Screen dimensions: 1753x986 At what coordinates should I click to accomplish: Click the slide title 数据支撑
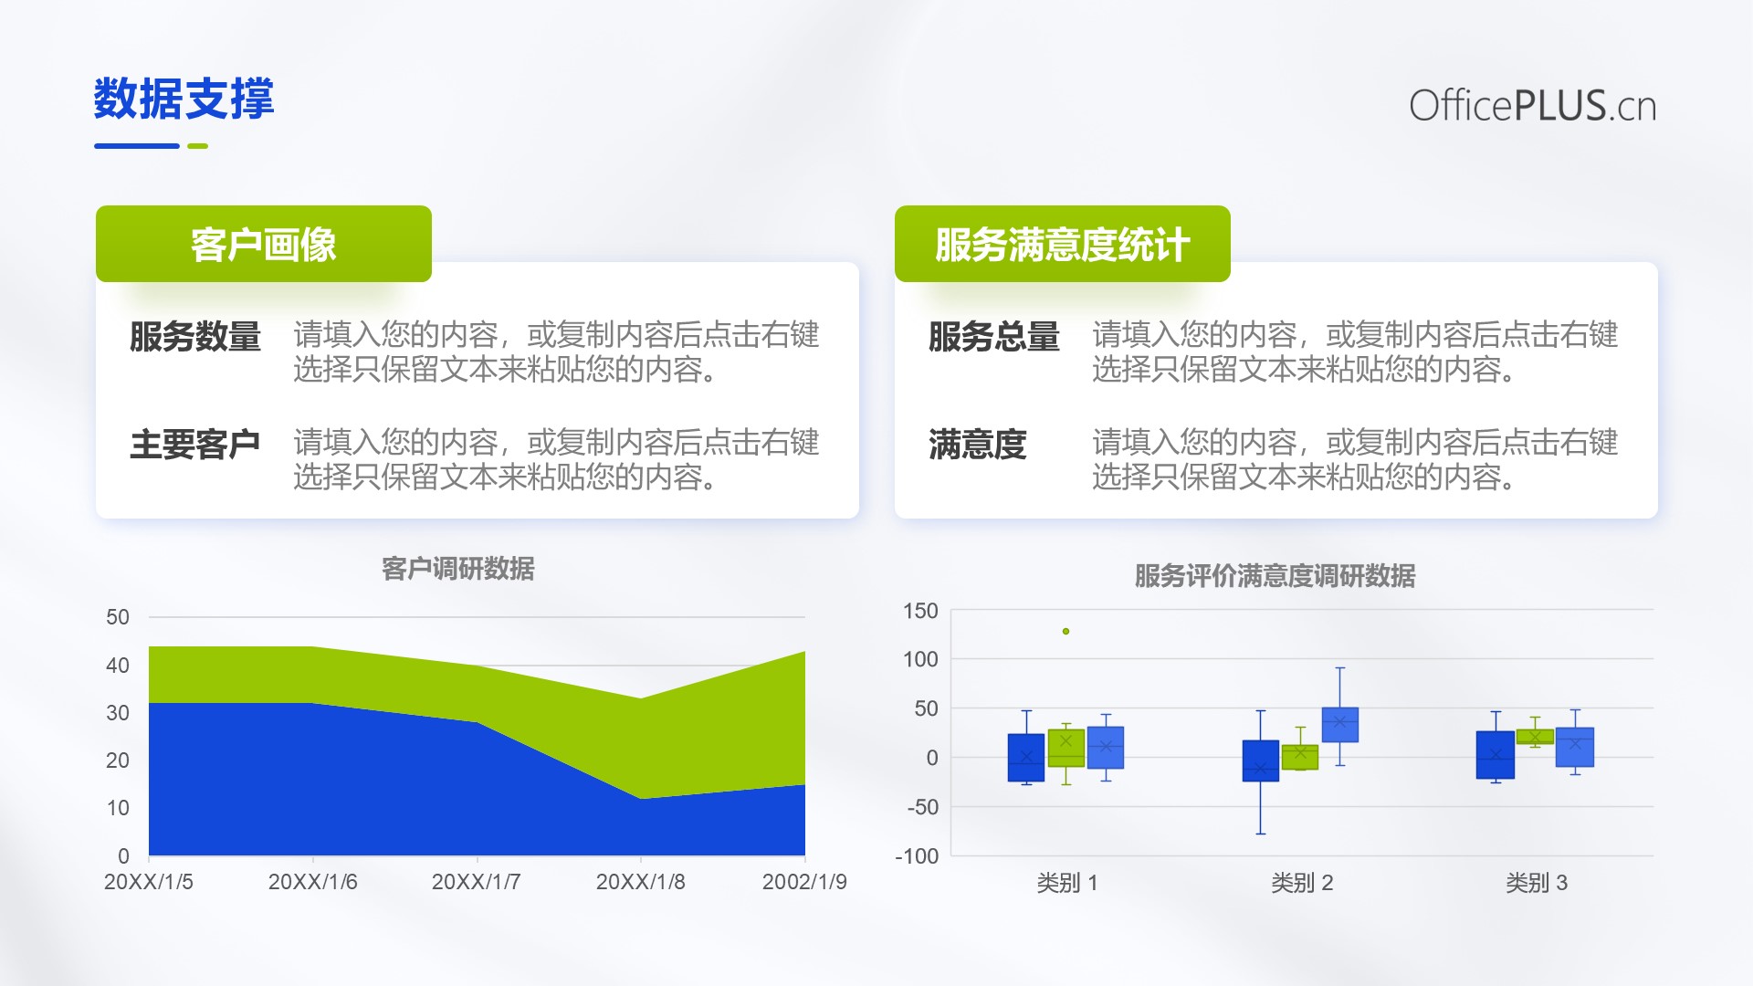click(x=184, y=99)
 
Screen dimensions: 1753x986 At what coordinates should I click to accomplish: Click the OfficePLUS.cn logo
click(x=1532, y=106)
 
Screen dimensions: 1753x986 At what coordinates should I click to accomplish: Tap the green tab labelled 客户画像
click(x=264, y=244)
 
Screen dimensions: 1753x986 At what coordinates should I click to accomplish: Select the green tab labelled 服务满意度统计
click(x=1063, y=244)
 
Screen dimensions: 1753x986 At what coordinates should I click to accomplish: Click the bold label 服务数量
click(x=195, y=336)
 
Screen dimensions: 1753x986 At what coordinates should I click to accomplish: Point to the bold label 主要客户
click(x=195, y=445)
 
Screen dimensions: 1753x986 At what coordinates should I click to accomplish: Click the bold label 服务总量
click(x=994, y=336)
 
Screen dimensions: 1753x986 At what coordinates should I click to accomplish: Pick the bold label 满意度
click(x=978, y=445)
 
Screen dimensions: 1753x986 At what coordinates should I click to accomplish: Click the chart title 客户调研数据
click(x=458, y=569)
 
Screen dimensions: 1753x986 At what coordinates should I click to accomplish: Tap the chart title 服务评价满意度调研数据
click(x=1275, y=576)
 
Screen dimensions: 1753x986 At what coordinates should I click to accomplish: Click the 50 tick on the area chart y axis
click(x=118, y=617)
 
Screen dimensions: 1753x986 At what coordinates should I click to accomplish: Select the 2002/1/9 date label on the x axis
click(x=804, y=882)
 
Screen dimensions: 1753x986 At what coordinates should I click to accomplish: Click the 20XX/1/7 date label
click(x=477, y=882)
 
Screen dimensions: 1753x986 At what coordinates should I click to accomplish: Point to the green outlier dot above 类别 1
click(x=1065, y=631)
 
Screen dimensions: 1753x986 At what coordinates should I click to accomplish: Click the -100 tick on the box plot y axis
click(x=917, y=856)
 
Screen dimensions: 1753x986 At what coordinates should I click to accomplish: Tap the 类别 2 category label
click(x=1302, y=883)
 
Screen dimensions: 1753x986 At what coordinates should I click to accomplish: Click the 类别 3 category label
click(x=1537, y=883)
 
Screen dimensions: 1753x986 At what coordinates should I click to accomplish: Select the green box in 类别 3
click(x=1535, y=737)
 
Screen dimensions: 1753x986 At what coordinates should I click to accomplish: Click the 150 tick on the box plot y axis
click(x=920, y=611)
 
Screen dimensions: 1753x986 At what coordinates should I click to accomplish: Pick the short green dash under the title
click(x=197, y=146)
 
